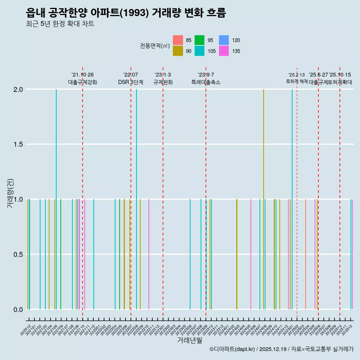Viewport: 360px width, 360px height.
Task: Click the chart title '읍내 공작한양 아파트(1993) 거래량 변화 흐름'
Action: click(126, 13)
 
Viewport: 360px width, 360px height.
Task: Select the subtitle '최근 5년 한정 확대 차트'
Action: click(60, 24)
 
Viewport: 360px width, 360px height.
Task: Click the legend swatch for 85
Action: click(178, 40)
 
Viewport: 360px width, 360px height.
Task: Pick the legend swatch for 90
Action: click(178, 51)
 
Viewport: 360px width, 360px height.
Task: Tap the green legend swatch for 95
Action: click(199, 40)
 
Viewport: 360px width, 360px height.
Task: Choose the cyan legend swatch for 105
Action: click(199, 51)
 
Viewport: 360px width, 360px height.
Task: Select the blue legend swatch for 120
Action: click(224, 40)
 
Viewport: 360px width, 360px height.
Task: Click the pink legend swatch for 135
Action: click(224, 51)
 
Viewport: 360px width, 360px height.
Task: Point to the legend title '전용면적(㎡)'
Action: click(155, 46)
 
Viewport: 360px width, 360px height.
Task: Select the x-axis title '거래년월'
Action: click(189, 340)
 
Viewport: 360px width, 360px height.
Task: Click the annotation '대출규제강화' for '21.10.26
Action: click(82, 82)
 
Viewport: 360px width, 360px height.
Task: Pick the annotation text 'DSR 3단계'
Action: click(130, 82)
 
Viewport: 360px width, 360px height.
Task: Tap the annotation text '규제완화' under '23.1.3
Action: click(163, 82)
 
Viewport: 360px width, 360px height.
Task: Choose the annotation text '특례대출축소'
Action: click(206, 82)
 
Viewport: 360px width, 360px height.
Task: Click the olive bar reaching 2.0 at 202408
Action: click(264, 199)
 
